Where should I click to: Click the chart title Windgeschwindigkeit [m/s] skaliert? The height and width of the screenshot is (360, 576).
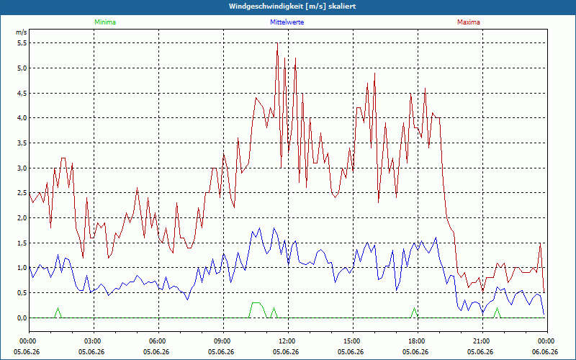[x=292, y=6]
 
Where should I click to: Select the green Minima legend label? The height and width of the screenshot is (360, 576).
[x=105, y=22]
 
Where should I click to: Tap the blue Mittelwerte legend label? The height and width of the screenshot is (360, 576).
[x=287, y=22]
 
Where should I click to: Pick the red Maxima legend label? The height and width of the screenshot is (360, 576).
[x=469, y=22]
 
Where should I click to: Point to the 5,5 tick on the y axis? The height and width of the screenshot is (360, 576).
[x=22, y=43]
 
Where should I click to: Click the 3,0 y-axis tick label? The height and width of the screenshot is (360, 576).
[x=22, y=168]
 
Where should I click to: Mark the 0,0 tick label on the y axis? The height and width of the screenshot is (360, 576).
[x=22, y=318]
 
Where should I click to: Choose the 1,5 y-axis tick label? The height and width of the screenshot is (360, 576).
[x=22, y=243]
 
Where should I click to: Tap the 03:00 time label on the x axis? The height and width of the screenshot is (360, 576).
[x=94, y=341]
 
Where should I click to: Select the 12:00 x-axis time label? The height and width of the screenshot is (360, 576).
[x=289, y=341]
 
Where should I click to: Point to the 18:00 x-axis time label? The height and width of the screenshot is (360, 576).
[x=418, y=341]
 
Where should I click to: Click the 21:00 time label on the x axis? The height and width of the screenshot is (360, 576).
[x=482, y=341]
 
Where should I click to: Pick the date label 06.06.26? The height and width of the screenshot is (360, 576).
[x=545, y=352]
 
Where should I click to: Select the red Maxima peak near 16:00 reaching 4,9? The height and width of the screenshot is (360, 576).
[x=374, y=73]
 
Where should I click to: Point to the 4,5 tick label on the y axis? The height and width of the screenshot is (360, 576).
[x=22, y=94]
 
